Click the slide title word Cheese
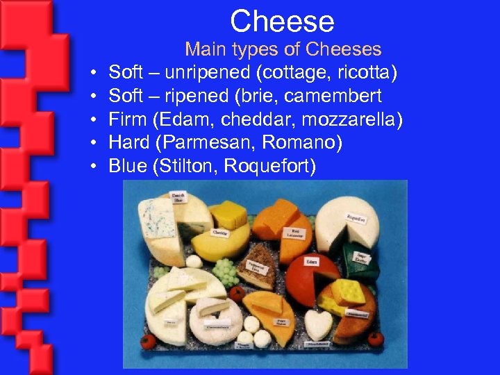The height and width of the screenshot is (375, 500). [x=282, y=21]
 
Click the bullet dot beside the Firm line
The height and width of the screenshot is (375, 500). [x=92, y=119]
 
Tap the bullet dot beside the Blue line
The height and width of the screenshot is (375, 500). [x=92, y=167]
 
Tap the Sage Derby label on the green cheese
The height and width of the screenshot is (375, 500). [x=361, y=258]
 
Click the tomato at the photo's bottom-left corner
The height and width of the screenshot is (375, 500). [x=147, y=342]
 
